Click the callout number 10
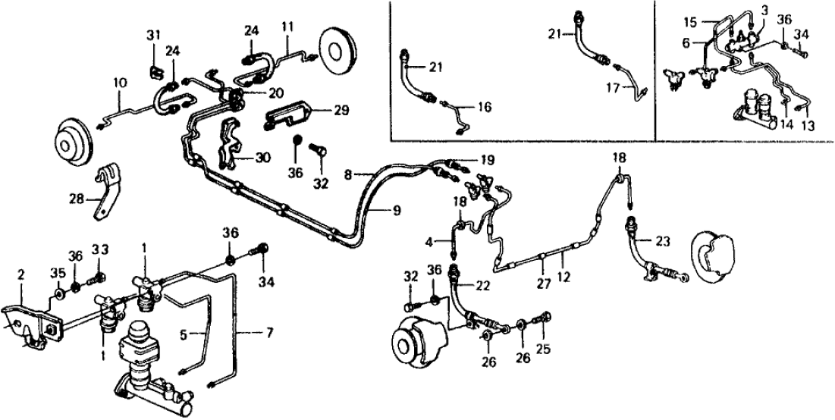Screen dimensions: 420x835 tap(120, 81)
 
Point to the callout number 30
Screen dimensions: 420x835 tap(262, 158)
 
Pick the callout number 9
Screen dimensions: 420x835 tap(397, 210)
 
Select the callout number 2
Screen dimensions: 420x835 tap(21, 273)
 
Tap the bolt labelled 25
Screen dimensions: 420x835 tap(545, 318)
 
